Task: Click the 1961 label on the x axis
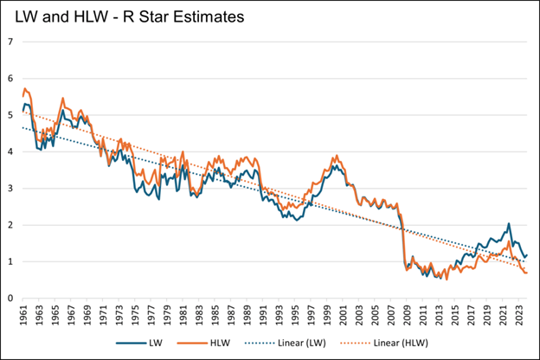pos(23,316)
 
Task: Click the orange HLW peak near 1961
pos(26,88)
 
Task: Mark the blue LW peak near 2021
pos(509,224)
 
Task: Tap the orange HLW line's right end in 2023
pos(526,273)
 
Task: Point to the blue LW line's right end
pos(526,255)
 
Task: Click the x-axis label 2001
pos(345,316)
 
